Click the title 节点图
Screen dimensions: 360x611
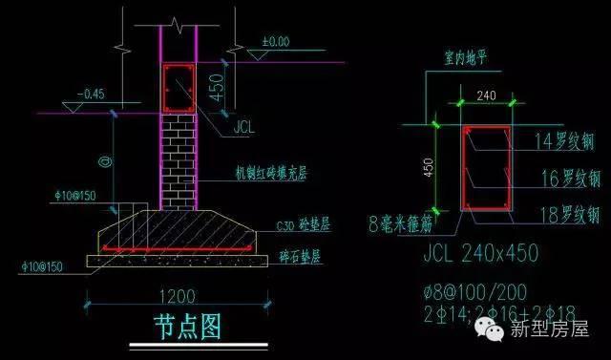coord(187,327)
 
